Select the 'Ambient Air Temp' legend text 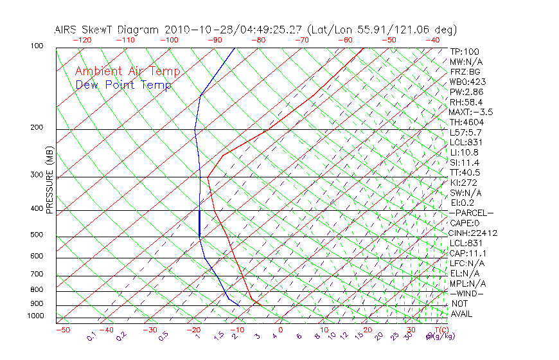point(127,71)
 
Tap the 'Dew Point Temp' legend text point(123,85)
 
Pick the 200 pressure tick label point(37,128)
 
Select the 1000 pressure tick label point(35,316)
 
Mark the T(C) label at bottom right point(440,330)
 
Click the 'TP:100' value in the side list point(465,51)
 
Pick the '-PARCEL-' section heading point(471,213)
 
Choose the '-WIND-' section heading point(467,293)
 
